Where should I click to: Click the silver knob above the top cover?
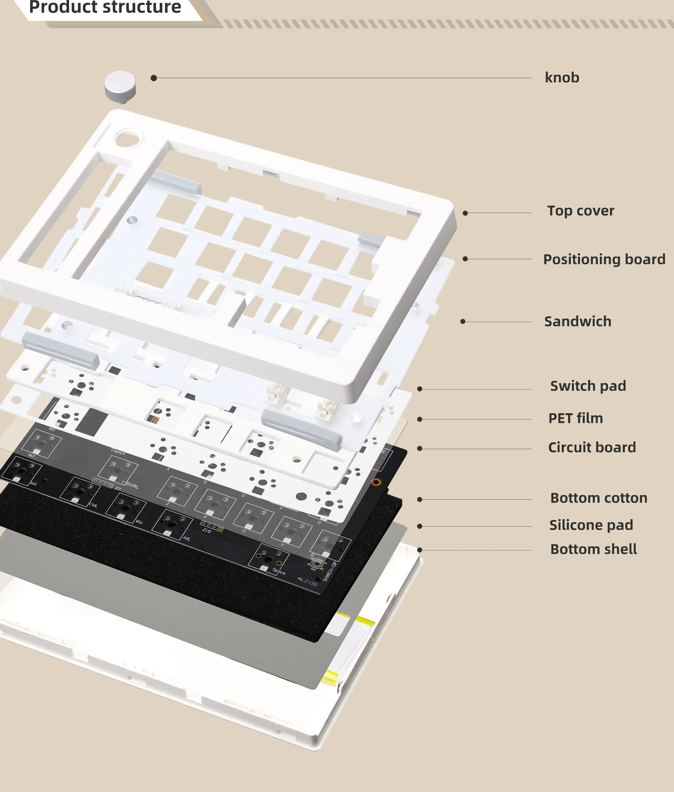point(120,86)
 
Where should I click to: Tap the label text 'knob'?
point(562,78)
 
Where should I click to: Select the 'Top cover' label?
point(580,210)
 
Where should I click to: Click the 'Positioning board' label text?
point(604,259)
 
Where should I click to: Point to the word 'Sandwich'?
point(577,321)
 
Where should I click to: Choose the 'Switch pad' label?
point(588,386)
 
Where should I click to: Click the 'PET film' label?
point(576,418)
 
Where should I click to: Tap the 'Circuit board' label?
point(592,447)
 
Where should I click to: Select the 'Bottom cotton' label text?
point(599,498)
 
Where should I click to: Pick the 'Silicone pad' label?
point(591,525)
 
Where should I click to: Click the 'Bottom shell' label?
point(593,549)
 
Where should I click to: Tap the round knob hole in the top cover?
point(127,138)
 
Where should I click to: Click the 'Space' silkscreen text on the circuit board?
point(279,571)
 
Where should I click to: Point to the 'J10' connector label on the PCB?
point(207,531)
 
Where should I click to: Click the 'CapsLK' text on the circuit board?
point(118,452)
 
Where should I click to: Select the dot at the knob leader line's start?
point(154,78)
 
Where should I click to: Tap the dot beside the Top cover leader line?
point(465,213)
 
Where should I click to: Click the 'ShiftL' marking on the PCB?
point(132,485)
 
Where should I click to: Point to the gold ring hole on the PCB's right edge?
point(376,482)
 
